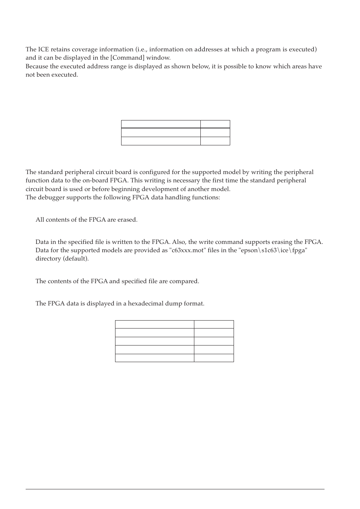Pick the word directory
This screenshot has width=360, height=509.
pos(48,259)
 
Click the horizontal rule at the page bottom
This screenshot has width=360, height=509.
pos(175,489)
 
